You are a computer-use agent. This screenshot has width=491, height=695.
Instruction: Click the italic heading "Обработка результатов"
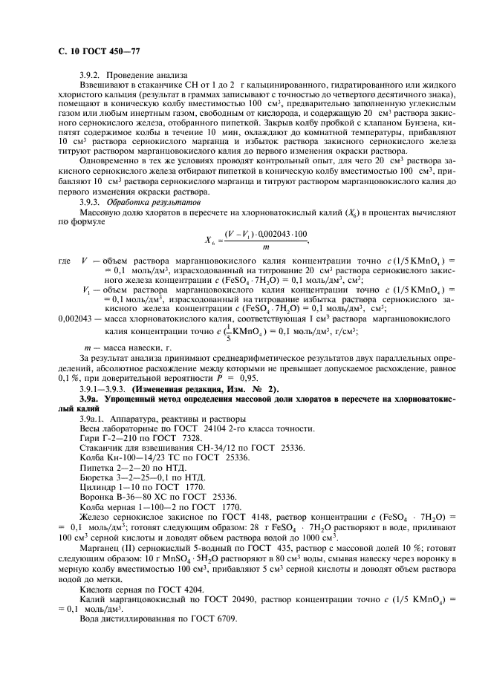[154, 202]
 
